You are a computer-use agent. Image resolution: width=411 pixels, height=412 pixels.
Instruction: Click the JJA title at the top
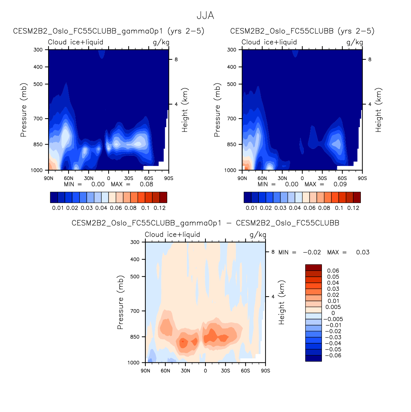pos(205,16)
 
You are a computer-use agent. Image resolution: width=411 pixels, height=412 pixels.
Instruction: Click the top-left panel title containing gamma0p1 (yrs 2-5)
pos(109,31)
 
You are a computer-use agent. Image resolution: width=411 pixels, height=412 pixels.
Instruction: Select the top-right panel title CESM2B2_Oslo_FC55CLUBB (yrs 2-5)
pos(302,31)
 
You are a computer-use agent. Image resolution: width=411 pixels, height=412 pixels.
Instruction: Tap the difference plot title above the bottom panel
pos(205,223)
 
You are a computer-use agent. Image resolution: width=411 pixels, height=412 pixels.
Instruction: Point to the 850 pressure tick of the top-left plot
pos(38,145)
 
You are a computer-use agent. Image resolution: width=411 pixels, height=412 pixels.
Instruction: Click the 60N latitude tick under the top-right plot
pos(262,178)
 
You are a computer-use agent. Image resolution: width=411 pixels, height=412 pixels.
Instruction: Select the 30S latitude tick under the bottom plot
pos(225,371)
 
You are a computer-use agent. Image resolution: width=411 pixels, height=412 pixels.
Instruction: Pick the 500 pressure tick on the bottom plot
pos(135,276)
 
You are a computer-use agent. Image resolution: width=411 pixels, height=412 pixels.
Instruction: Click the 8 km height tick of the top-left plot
pos(176,59)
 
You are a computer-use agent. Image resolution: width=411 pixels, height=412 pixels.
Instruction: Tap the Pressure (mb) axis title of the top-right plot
pos(217,110)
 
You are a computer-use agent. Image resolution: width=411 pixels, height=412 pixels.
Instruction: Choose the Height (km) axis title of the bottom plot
pos(281,302)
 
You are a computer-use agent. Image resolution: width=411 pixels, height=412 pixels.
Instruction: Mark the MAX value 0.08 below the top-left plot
pos(146,184)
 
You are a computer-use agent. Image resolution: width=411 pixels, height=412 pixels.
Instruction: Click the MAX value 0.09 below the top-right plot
pos(340,184)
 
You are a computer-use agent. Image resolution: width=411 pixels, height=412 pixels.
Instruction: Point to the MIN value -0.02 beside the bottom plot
pos(312,252)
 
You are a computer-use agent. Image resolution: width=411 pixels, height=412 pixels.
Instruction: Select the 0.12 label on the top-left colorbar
pos(159,208)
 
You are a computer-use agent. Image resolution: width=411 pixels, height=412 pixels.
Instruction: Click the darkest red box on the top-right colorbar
pos(357,197)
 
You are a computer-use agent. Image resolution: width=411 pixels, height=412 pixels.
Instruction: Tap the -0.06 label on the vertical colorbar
pos(333,356)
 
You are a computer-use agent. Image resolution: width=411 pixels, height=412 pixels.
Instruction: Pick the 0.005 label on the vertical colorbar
pos(333,307)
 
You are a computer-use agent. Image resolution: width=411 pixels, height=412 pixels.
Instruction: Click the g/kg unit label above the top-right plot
pos(355,42)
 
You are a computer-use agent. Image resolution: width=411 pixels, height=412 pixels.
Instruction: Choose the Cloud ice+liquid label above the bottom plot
pos(172,235)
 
